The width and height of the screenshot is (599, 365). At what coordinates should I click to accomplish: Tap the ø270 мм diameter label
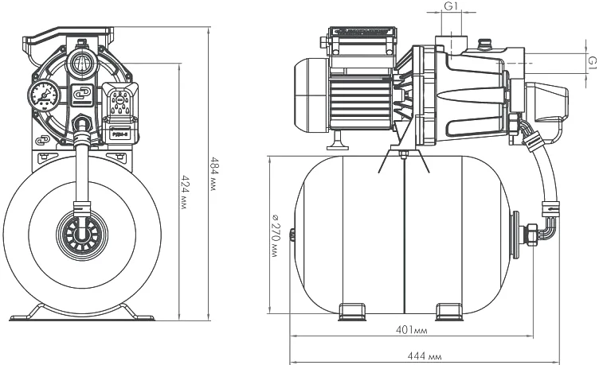[274, 234]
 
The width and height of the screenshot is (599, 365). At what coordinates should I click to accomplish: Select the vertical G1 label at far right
[591, 61]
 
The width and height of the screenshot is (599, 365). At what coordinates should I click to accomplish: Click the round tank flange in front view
[81, 235]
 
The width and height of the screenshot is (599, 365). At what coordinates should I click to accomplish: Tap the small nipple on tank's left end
[292, 234]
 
